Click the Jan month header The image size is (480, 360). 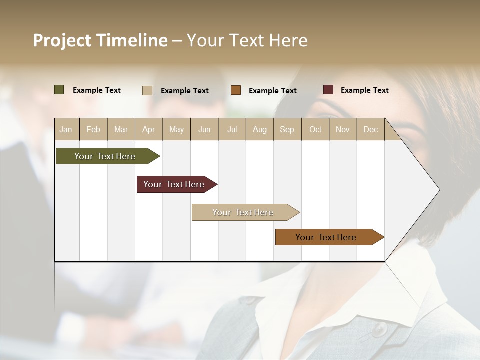pos(66,130)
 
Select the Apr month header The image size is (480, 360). pos(149,130)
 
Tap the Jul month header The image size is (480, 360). pos(232,130)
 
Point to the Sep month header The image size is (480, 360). pos(287,130)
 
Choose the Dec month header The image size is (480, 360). pos(371,130)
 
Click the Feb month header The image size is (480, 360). pos(93,130)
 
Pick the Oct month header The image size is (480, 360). pos(315,130)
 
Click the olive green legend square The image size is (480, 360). pos(59,90)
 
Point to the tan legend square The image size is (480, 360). pos(147,90)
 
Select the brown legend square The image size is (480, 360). pos(236,90)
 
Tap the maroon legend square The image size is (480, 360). pos(328,90)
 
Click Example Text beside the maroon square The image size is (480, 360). pos(364,90)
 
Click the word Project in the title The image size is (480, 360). pos(62,40)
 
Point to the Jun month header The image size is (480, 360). pos(204,130)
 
